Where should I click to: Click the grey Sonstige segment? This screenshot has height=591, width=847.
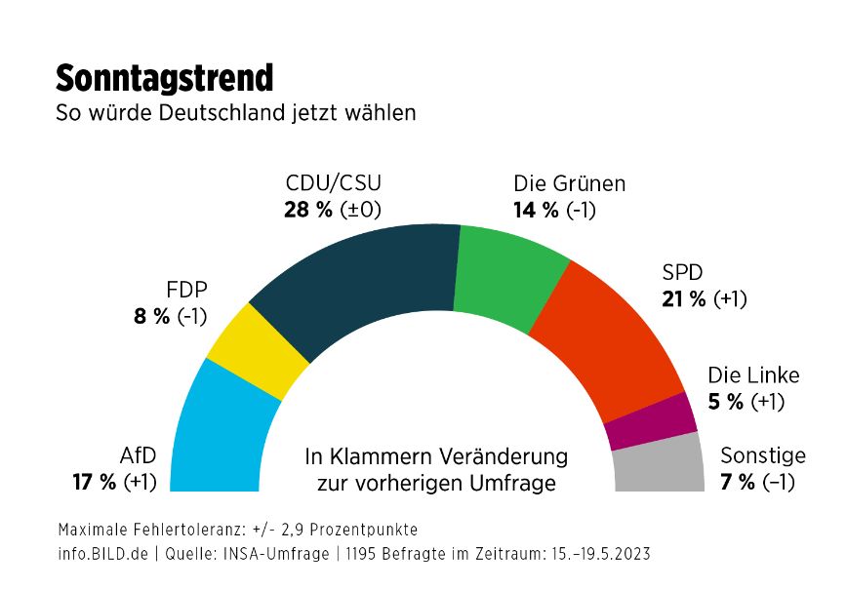(660, 464)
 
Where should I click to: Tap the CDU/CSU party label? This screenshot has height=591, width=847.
(333, 183)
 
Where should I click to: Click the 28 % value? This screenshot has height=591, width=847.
(309, 210)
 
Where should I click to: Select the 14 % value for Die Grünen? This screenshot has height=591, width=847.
(536, 210)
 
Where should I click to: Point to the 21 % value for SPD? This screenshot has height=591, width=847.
(684, 299)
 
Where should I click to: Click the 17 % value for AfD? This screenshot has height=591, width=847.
(95, 482)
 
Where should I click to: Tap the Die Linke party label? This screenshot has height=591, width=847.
(753, 375)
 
